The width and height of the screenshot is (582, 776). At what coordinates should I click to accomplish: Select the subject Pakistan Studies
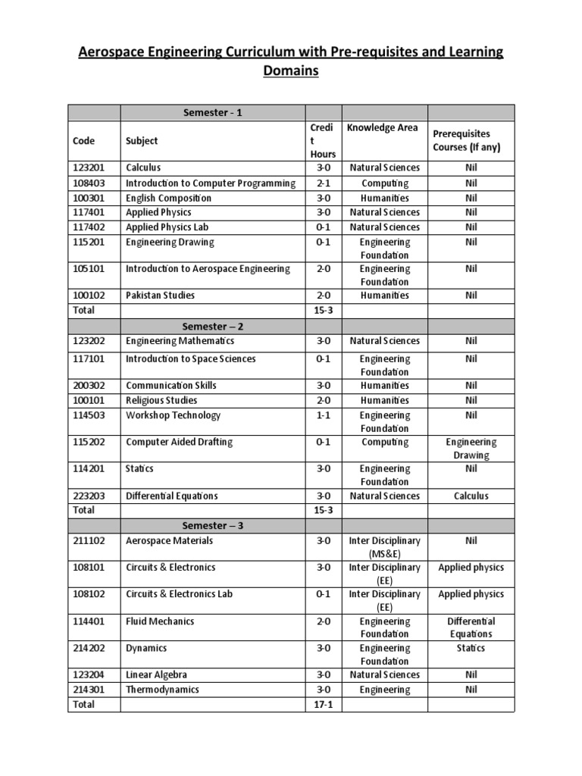pos(160,296)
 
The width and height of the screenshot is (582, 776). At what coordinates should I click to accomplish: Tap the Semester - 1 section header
pos(212,113)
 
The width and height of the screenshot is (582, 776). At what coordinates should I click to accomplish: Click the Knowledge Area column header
pos(382,128)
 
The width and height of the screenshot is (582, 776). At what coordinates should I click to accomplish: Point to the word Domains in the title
pos(290,71)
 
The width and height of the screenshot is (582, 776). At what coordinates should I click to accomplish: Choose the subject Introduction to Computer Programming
pos(211,183)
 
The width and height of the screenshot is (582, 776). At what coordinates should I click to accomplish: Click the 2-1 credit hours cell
pos(324,183)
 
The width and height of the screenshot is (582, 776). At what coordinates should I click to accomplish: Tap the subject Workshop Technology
pos(173,415)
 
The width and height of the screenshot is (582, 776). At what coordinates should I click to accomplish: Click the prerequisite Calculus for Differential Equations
pos(471,496)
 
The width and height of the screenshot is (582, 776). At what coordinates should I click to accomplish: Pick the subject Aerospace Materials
pos(169,541)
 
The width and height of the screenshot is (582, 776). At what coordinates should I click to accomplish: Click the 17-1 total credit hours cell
pos(324,705)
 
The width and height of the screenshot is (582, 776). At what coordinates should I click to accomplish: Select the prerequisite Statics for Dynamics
pos(471,649)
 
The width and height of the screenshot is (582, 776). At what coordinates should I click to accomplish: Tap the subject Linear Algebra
pos(156,675)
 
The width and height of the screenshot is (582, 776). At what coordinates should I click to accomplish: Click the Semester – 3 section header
pos(212,526)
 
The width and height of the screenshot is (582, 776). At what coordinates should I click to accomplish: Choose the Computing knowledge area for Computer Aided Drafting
pos(384,442)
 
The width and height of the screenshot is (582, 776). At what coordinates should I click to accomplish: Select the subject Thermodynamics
pos(162,690)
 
